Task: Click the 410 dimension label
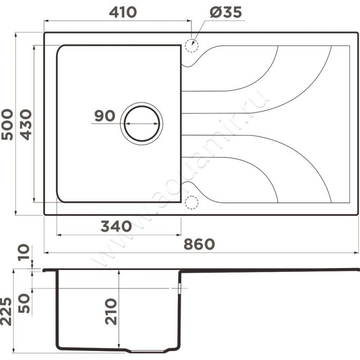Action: point(123,12)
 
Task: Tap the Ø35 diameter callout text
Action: point(226,12)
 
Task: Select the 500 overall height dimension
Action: point(7,125)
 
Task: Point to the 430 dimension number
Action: point(26,125)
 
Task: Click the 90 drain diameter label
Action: point(105,116)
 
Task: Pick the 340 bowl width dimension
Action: point(116,226)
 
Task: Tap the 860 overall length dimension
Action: point(199,244)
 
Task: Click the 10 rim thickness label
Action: point(24,252)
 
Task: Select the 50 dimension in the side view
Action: point(24,303)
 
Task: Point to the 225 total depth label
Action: point(6,311)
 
